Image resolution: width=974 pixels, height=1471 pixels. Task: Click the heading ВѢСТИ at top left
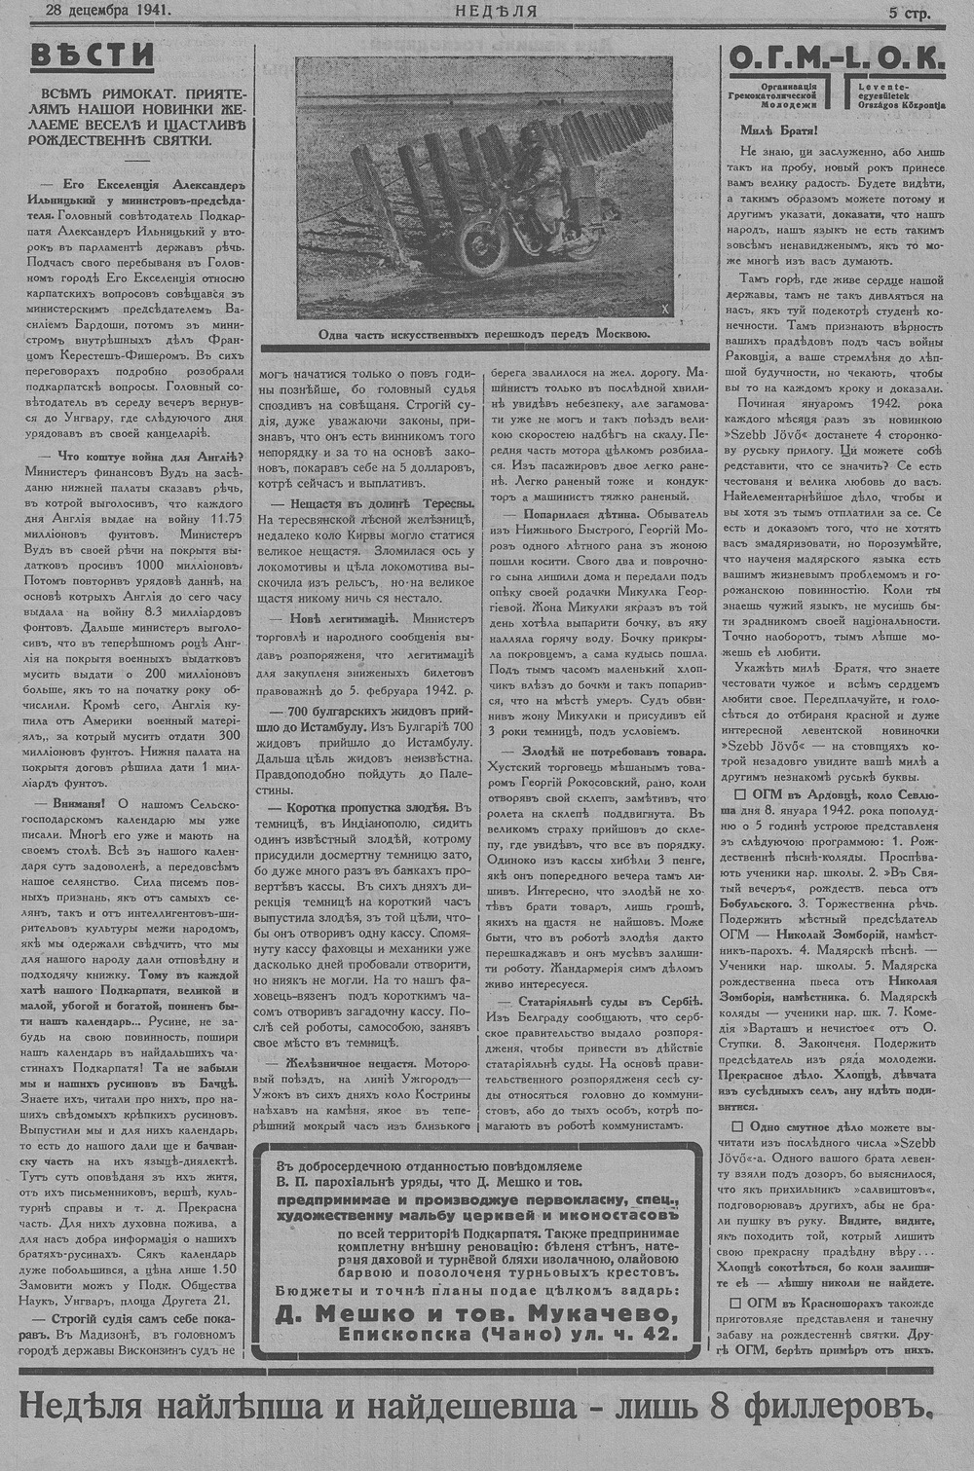[x=92, y=55]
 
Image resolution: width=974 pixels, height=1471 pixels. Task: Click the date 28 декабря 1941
[x=93, y=12]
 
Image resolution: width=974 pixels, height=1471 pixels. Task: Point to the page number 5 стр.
[x=909, y=13]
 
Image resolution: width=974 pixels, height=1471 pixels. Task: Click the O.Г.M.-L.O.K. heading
[x=835, y=60]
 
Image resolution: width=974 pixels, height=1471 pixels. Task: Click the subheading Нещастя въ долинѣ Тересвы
[x=373, y=502]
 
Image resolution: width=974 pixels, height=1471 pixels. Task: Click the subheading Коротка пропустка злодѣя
[x=359, y=807]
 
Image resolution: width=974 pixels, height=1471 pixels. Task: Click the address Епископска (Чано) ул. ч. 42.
[x=508, y=1336]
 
